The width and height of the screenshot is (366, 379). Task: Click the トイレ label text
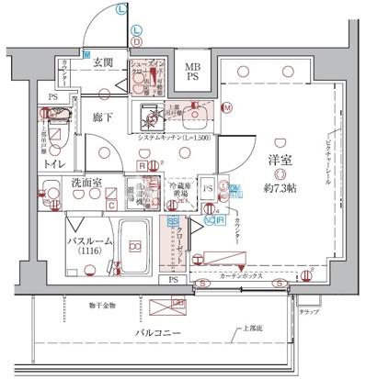[54, 163]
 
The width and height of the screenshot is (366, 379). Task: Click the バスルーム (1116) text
[88, 245]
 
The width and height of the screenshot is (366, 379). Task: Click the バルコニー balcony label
[161, 332]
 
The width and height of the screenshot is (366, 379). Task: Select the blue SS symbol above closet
[172, 221]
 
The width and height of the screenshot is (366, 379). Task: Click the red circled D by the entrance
[135, 41]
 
